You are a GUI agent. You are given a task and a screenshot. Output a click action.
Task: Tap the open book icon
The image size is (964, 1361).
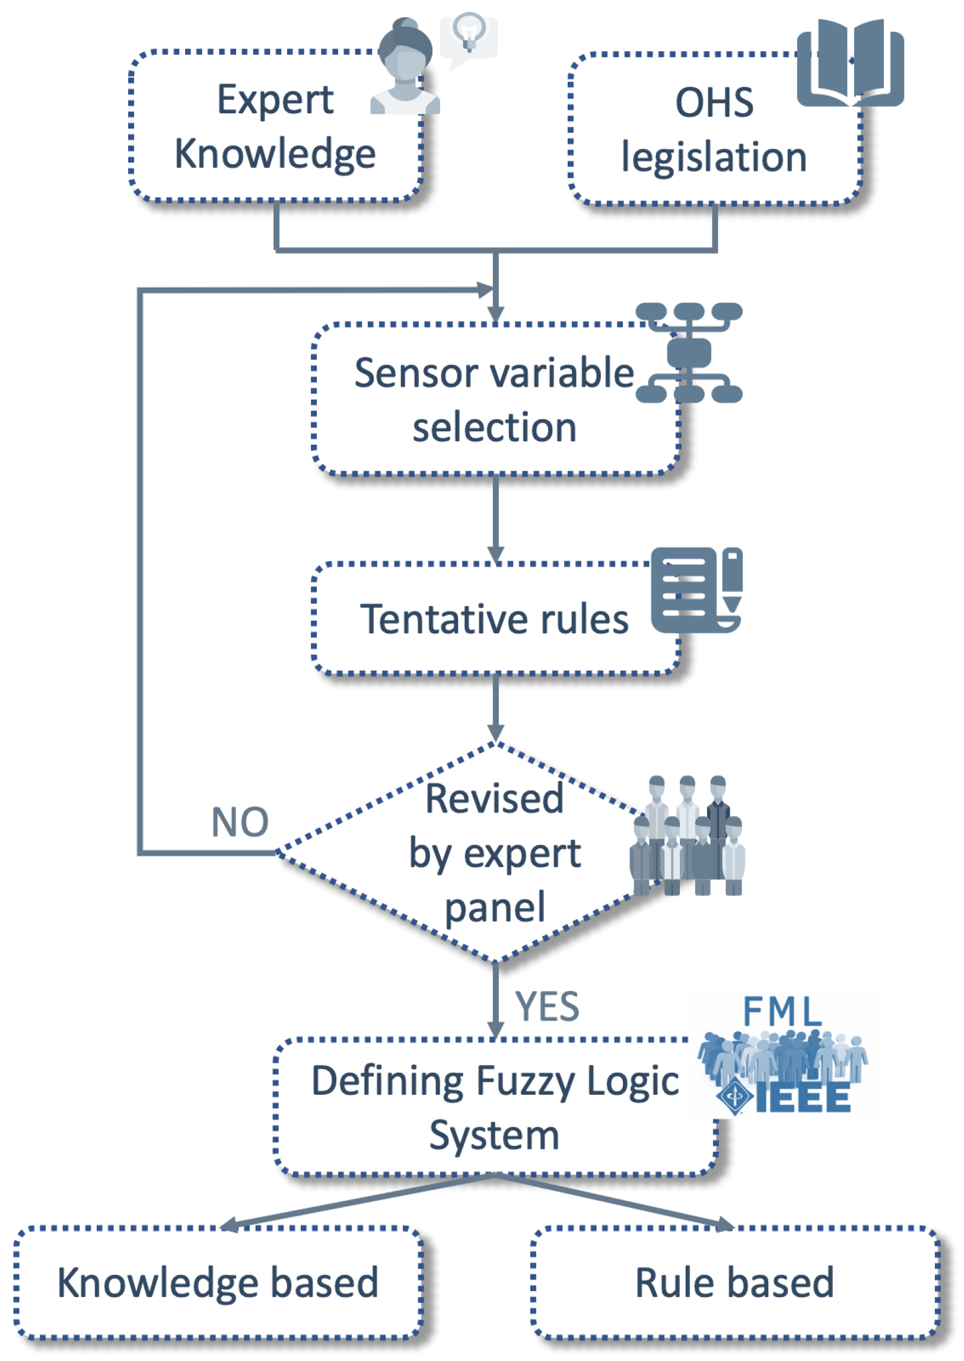(x=850, y=62)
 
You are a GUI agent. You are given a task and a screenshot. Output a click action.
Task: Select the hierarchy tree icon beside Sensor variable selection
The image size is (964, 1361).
(x=689, y=353)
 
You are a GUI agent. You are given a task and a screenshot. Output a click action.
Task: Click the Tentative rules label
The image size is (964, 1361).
(x=494, y=619)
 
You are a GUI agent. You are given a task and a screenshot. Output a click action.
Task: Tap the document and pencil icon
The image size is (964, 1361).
(x=696, y=590)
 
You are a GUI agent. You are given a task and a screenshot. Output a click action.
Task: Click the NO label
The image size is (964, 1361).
(x=240, y=823)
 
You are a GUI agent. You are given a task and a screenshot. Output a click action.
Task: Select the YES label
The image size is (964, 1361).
(x=547, y=1007)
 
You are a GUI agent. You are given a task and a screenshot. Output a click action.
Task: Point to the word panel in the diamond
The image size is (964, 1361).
(x=495, y=908)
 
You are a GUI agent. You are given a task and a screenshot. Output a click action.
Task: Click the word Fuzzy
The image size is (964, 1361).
(x=524, y=1081)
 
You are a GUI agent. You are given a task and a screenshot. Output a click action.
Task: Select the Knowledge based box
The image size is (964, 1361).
(x=218, y=1283)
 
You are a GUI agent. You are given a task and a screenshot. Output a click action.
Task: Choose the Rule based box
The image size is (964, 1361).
(x=735, y=1283)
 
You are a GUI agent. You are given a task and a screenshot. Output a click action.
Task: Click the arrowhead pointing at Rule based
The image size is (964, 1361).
(x=726, y=1225)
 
